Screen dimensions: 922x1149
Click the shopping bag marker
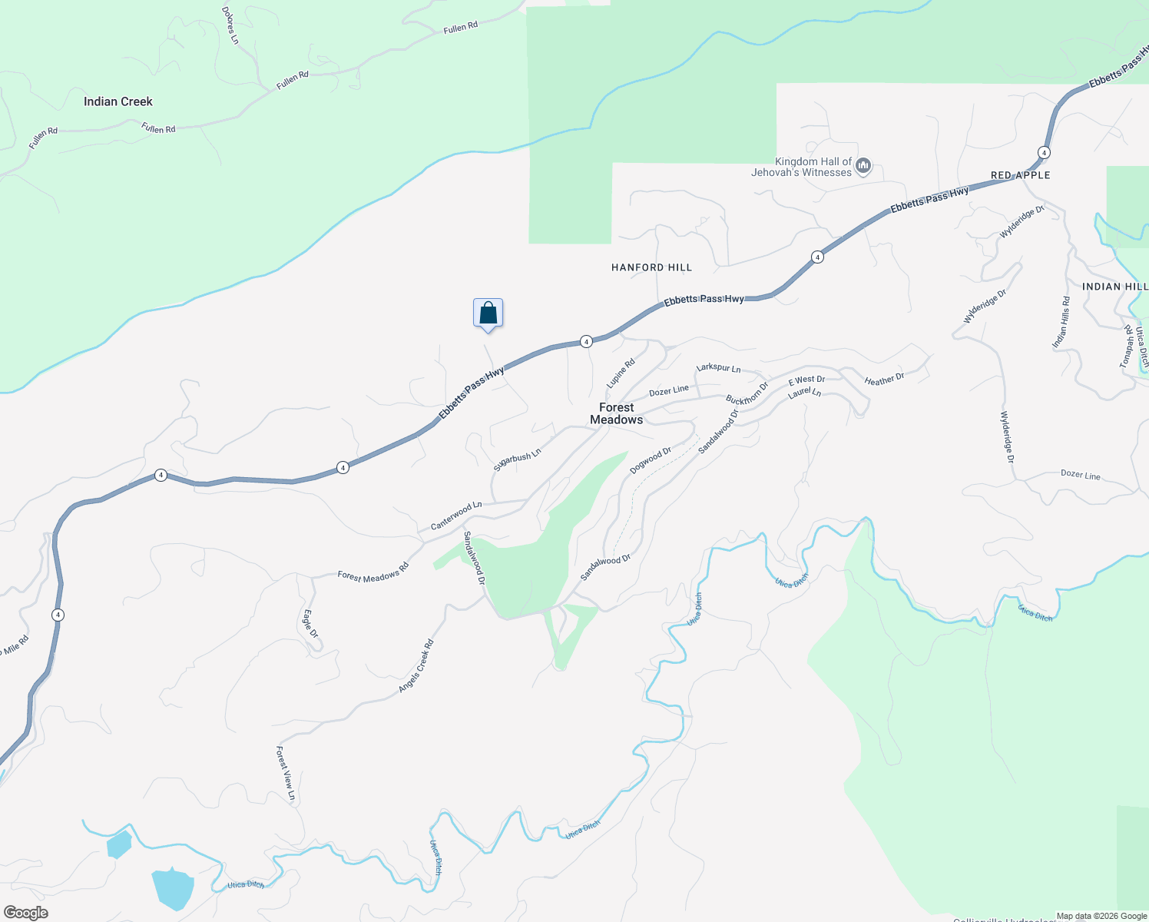pyautogui.click(x=488, y=313)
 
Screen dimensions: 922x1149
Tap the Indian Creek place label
pyautogui.click(x=118, y=101)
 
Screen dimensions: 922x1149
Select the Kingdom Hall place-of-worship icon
pyautogui.click(x=863, y=165)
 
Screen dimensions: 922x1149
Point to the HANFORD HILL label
pyautogui.click(x=651, y=267)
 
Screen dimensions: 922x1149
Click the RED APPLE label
pyautogui.click(x=1020, y=175)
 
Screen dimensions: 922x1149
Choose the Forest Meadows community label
pyautogui.click(x=616, y=413)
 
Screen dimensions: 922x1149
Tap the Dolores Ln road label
pyautogui.click(x=230, y=25)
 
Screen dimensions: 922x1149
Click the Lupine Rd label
pyautogui.click(x=621, y=373)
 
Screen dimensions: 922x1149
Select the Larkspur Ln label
pyautogui.click(x=718, y=368)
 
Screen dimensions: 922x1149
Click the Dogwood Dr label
pyautogui.click(x=651, y=459)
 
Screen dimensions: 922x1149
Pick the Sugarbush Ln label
pyautogui.click(x=518, y=459)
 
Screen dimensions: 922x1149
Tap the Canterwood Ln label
pyautogui.click(x=456, y=515)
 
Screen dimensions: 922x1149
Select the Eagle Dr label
pyautogui.click(x=310, y=624)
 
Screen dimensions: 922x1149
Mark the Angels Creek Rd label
pyautogui.click(x=416, y=665)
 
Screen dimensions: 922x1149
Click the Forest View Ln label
pyautogui.click(x=286, y=774)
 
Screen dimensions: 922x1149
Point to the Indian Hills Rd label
pyautogui.click(x=1061, y=323)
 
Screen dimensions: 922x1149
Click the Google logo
pyautogui.click(x=26, y=913)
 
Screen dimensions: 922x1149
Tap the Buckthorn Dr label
pyautogui.click(x=747, y=393)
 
